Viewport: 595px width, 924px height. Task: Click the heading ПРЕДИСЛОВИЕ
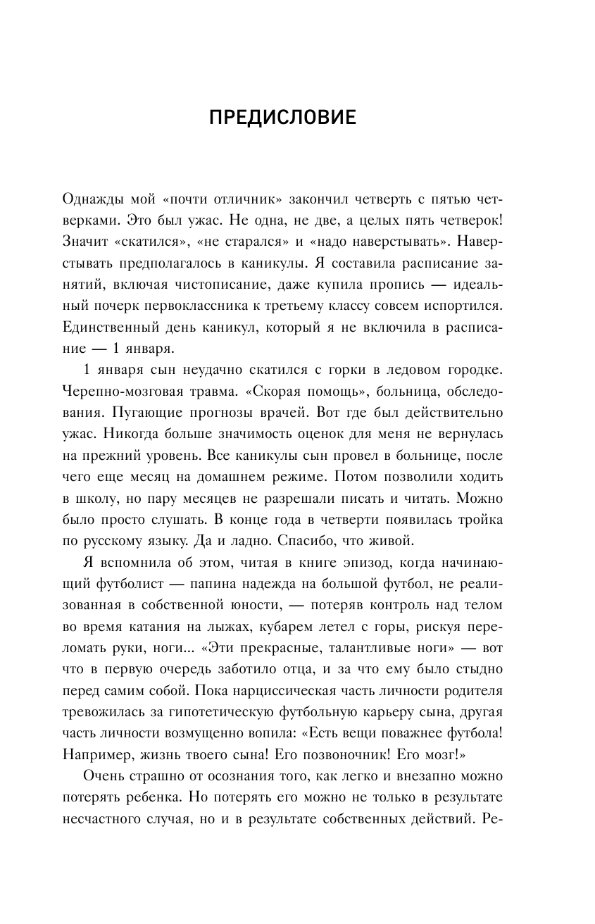click(x=282, y=118)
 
